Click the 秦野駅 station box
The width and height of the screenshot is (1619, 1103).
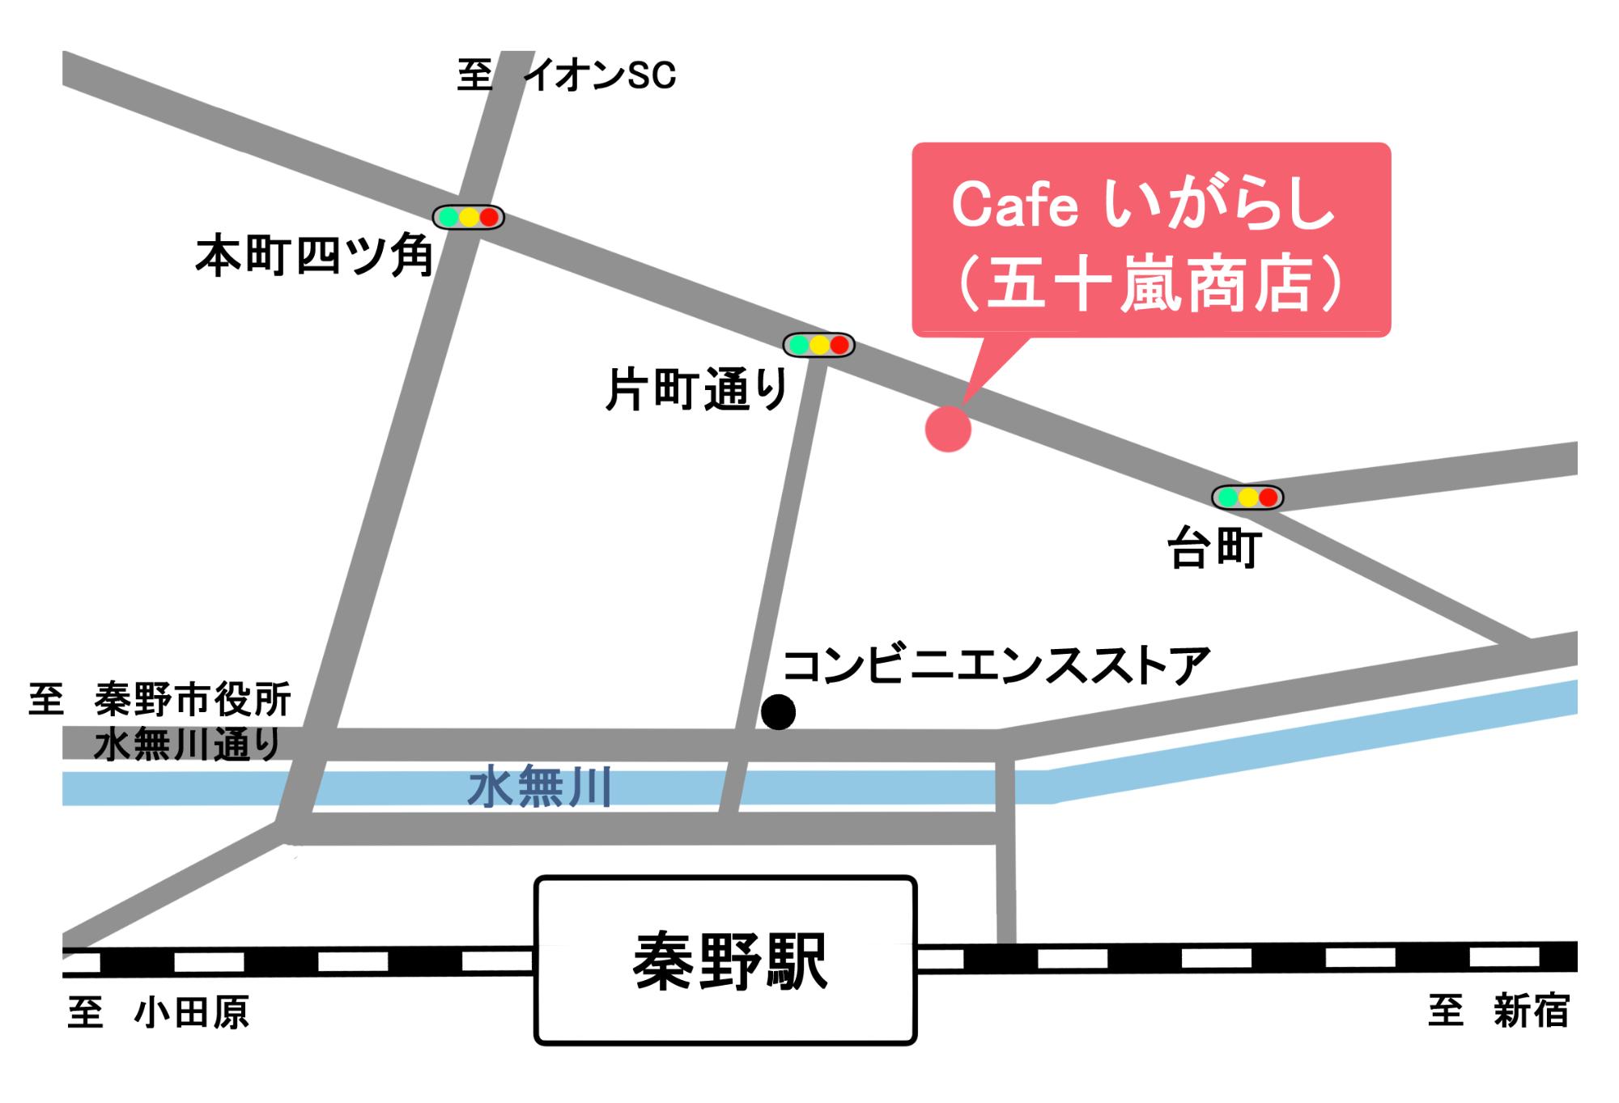pos(725,960)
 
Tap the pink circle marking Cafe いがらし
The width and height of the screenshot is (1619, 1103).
pos(948,429)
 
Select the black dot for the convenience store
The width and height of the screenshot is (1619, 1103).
pos(778,712)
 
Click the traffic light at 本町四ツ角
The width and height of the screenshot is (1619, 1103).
pos(468,217)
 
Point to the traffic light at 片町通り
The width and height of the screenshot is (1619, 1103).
pos(818,345)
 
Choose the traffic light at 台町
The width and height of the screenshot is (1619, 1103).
pos(1247,497)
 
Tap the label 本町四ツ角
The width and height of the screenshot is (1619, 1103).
pos(314,257)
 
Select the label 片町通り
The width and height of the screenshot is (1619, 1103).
pos(696,390)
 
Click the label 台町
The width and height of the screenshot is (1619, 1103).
pos(1214,549)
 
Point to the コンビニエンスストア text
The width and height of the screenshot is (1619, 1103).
pos(996,666)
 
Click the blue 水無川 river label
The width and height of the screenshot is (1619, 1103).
pos(540,787)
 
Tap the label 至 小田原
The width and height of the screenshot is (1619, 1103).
pos(158,1012)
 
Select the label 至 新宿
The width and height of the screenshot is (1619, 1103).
pos(1498,1012)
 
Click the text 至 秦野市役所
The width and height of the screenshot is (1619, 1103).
pos(160,699)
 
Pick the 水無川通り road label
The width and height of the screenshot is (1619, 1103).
pos(187,745)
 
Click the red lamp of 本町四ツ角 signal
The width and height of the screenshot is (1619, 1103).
pos(488,217)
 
